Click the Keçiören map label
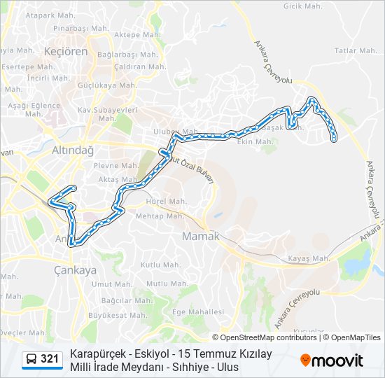[x=64, y=52]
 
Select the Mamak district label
[x=201, y=237]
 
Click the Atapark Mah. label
[x=50, y=15]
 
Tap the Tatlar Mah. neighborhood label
[x=356, y=51]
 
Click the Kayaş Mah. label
[x=309, y=259]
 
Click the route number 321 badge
[x=50, y=359]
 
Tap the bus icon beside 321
[x=31, y=359]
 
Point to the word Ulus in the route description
[x=227, y=367]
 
